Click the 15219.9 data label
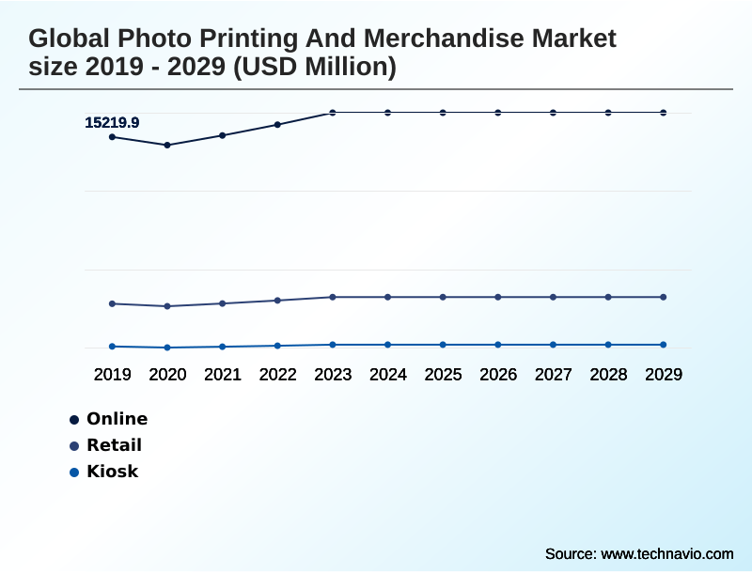pyautogui.click(x=112, y=122)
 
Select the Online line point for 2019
pyautogui.click(x=112, y=137)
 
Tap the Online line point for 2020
pyautogui.click(x=167, y=145)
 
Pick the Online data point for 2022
pyautogui.click(x=277, y=124)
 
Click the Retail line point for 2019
pyautogui.click(x=112, y=303)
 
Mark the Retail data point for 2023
pyautogui.click(x=333, y=297)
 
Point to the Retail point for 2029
pyautogui.click(x=664, y=297)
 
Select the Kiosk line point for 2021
pyautogui.click(x=223, y=347)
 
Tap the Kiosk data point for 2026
pyautogui.click(x=498, y=345)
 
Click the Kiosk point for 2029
pyautogui.click(x=664, y=345)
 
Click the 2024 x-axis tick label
pyautogui.click(x=388, y=374)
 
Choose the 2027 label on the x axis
pyautogui.click(x=554, y=374)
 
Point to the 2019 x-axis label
pyautogui.click(x=112, y=374)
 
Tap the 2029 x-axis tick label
pyautogui.click(x=664, y=374)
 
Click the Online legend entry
pyautogui.click(x=117, y=419)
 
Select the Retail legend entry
pyautogui.click(x=114, y=445)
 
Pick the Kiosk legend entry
pyautogui.click(x=112, y=472)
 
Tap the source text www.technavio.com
pyautogui.click(x=666, y=553)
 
